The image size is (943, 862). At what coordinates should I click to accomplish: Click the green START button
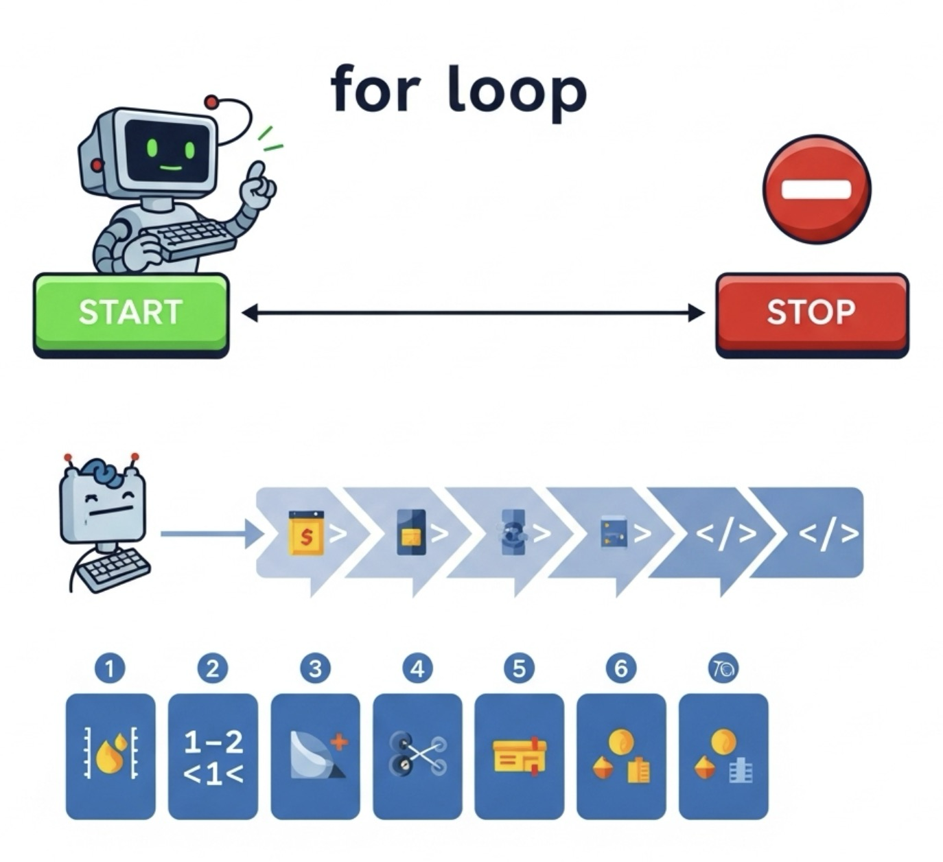click(x=130, y=313)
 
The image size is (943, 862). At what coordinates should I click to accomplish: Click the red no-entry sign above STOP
click(x=817, y=189)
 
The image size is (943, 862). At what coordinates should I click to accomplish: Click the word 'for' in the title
click(x=375, y=89)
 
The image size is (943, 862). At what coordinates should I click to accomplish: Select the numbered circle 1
click(x=110, y=668)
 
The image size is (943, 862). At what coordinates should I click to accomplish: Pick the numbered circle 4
click(x=417, y=668)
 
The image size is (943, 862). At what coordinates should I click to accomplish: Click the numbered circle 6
click(x=621, y=668)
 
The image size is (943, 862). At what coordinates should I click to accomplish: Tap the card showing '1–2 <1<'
click(x=213, y=756)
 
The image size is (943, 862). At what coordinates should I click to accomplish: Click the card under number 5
click(x=519, y=756)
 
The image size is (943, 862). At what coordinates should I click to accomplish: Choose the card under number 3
click(x=315, y=756)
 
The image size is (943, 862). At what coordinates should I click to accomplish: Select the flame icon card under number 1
click(x=110, y=756)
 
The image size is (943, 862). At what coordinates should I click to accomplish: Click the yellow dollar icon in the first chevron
click(x=306, y=533)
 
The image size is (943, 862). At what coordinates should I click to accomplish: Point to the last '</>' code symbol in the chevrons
click(x=828, y=533)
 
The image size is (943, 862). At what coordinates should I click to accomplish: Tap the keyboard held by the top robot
click(x=192, y=239)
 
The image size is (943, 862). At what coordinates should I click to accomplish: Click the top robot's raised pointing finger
click(x=257, y=171)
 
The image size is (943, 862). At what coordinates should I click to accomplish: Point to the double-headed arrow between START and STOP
click(x=473, y=314)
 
